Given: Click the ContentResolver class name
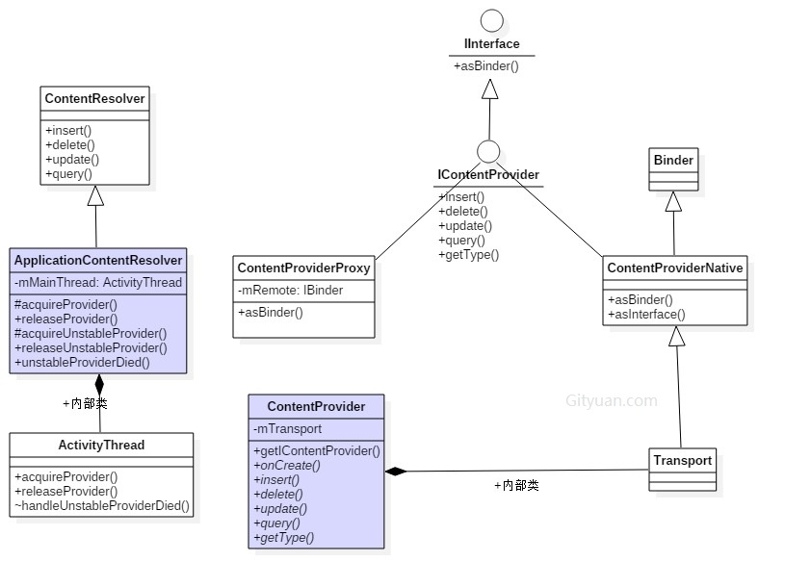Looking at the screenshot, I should click(94, 98).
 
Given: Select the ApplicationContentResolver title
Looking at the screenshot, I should click(97, 261).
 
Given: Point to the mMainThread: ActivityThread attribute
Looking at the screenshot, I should click(97, 282).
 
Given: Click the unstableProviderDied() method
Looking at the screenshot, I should click(82, 362).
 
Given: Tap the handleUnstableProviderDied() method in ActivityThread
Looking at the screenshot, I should click(101, 505).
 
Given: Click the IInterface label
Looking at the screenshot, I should click(491, 44).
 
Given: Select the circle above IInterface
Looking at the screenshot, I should click(491, 20).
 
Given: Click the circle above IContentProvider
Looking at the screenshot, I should click(488, 151).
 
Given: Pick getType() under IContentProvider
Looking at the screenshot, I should click(468, 255).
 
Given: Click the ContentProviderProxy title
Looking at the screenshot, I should click(303, 268).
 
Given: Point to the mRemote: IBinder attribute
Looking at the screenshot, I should click(290, 290).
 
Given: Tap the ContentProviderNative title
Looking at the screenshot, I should click(674, 268).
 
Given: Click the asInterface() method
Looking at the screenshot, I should click(646, 314).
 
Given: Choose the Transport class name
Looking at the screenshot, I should click(682, 461).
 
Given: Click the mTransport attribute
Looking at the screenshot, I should click(287, 429).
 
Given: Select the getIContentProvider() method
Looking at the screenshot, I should click(317, 450).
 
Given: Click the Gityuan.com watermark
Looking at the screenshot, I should click(612, 401).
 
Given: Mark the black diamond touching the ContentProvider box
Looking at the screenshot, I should click(395, 472).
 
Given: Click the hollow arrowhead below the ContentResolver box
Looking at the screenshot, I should click(95, 195).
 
